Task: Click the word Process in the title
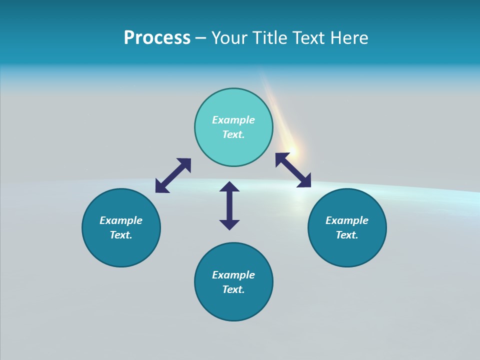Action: click(x=157, y=38)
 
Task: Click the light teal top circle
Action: click(x=233, y=127)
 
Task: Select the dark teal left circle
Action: click(x=121, y=227)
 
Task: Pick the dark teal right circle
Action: click(x=347, y=227)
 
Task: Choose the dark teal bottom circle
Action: click(x=233, y=282)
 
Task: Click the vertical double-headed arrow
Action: click(x=229, y=205)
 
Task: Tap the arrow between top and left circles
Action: click(x=173, y=175)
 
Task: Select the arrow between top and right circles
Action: click(x=293, y=170)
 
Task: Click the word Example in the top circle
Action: click(x=233, y=120)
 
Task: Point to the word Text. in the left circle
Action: click(x=121, y=235)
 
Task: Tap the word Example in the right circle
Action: click(x=347, y=220)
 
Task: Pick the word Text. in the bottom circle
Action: click(x=233, y=289)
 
